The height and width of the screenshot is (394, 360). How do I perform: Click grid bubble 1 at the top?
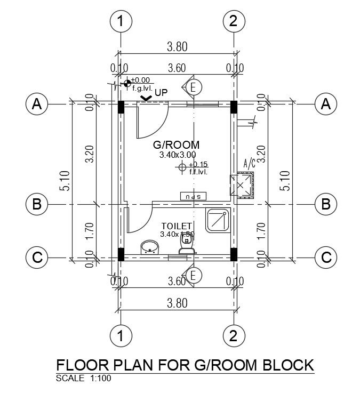[121, 22]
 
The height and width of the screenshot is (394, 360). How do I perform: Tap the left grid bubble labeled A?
[37, 104]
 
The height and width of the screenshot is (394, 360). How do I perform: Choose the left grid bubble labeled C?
[37, 258]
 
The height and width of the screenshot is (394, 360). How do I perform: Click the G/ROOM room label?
[176, 144]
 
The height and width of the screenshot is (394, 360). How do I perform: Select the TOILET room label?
[176, 227]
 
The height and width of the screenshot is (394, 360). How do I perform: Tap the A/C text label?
[249, 163]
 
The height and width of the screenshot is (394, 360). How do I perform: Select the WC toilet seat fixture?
[186, 245]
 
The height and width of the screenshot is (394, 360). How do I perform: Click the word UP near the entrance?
[161, 93]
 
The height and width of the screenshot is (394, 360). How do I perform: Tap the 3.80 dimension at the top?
[177, 47]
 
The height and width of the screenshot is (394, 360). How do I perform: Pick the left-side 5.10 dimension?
[64, 180]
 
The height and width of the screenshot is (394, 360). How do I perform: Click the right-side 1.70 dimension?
[261, 230]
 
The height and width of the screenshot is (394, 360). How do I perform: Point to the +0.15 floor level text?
[198, 164]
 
